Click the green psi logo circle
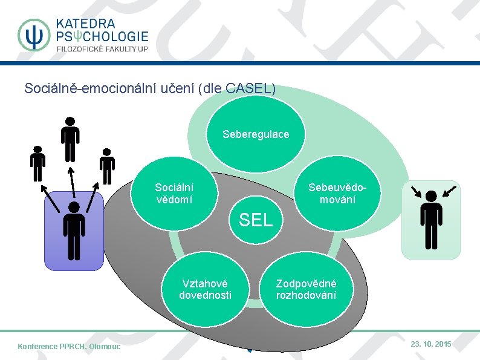[34, 35]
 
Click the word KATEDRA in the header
[86, 23]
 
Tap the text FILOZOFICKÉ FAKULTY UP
[102, 49]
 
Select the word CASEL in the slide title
[247, 88]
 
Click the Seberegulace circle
[256, 134]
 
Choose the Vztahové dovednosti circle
[205, 289]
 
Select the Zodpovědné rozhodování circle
[306, 289]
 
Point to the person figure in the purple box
[74, 231]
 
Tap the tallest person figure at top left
[70, 139]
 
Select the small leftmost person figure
[37, 163]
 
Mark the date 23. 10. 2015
[430, 344]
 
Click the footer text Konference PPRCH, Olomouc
[69, 346]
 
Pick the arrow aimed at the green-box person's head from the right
[449, 191]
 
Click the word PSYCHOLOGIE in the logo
[102, 36]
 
